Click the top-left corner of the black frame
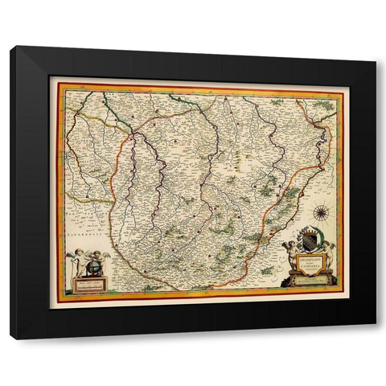point(11,47)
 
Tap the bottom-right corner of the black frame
point(376,339)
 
